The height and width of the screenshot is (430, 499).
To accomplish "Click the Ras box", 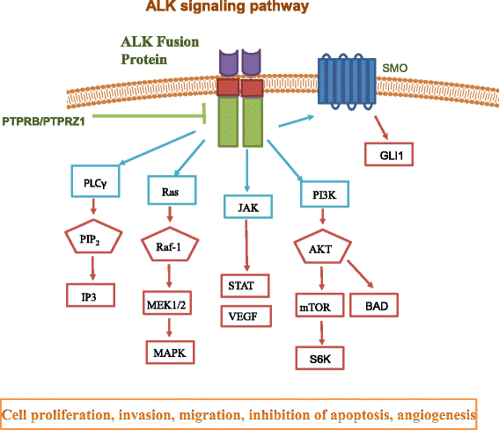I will click(x=170, y=190).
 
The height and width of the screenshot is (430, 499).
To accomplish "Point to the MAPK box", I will click(x=170, y=353).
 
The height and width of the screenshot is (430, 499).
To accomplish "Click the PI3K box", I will click(x=320, y=190).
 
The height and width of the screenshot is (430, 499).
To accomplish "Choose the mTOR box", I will click(x=319, y=310).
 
